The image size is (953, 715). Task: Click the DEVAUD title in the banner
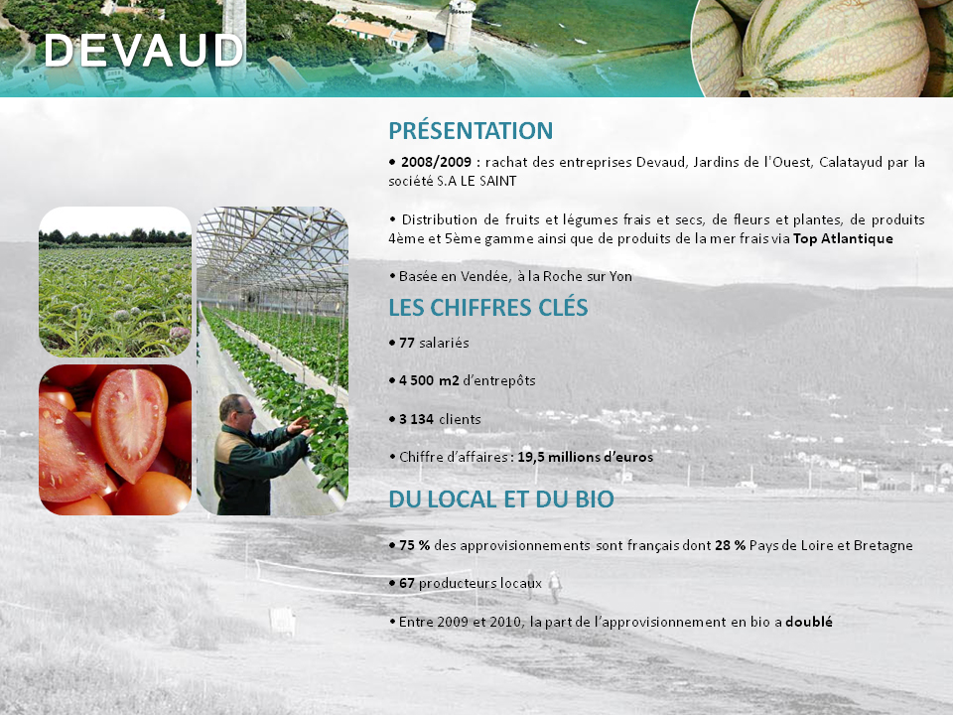(x=144, y=50)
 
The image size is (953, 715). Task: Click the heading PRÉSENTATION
(x=471, y=131)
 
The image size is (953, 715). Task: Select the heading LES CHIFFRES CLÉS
(x=488, y=307)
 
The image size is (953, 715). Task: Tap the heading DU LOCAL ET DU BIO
(x=500, y=500)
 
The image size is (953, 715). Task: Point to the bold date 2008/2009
(x=436, y=162)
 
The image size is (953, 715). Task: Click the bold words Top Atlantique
(x=843, y=238)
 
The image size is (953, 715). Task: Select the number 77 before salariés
(x=406, y=343)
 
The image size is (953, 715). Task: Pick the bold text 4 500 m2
(x=429, y=380)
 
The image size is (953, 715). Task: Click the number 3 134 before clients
(x=416, y=419)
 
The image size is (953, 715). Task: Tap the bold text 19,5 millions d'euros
(x=586, y=457)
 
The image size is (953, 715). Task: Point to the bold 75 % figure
(x=415, y=545)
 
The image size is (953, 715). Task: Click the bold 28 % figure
(x=730, y=545)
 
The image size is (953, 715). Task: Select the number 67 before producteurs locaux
(x=407, y=584)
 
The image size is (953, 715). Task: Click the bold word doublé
(x=809, y=622)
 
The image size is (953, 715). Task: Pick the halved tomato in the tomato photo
(x=129, y=423)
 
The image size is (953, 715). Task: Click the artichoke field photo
(x=115, y=281)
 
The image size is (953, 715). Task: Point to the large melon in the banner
(x=834, y=48)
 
